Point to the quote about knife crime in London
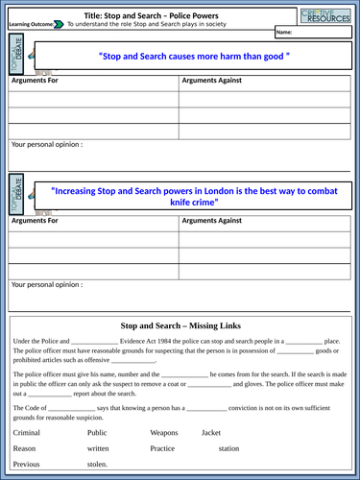[x=181, y=196]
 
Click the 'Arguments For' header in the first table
[x=35, y=80]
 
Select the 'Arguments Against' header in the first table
[x=211, y=80]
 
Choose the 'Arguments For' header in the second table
[x=35, y=221]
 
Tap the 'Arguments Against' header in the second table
[x=211, y=221]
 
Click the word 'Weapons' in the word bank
[x=164, y=433]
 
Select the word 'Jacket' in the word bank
[x=211, y=433]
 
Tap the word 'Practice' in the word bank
[x=163, y=448]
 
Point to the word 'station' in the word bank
[x=228, y=448]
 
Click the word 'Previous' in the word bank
[x=27, y=465]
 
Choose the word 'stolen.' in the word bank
[x=98, y=465]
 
